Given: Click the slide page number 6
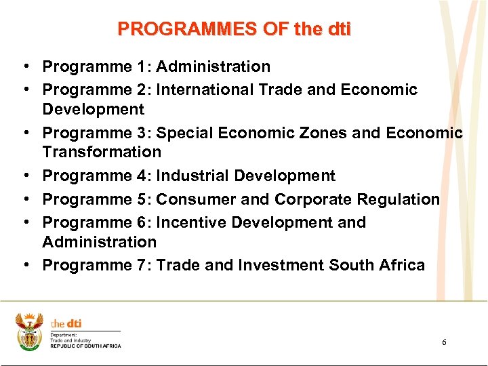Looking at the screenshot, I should click(x=444, y=342).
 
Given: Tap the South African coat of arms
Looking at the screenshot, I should click(x=30, y=331).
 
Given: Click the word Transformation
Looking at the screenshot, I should click(x=102, y=152).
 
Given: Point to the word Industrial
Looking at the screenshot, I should click(x=192, y=176).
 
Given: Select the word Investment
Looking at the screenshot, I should click(x=279, y=265).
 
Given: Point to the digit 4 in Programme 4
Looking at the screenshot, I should click(x=142, y=176).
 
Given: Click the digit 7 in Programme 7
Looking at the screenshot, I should click(x=142, y=265).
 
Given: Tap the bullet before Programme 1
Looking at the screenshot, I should click(x=24, y=66).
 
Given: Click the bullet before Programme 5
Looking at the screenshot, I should click(x=24, y=199).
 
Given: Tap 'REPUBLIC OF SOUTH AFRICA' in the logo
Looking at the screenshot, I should click(x=85, y=346).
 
